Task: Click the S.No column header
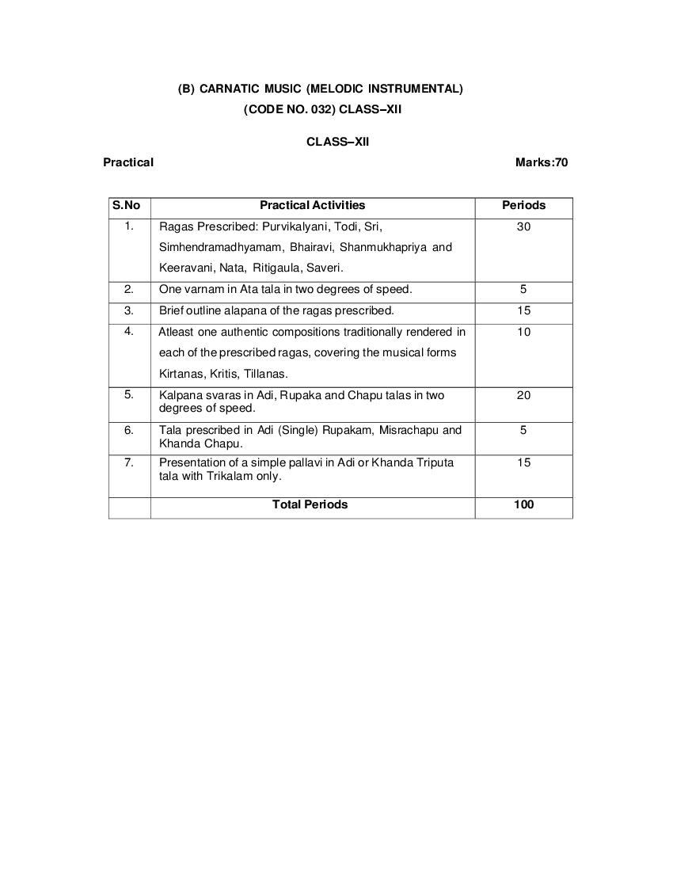click(x=127, y=205)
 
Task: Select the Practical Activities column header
click(x=313, y=205)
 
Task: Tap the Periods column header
click(x=523, y=205)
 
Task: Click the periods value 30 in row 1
click(x=523, y=226)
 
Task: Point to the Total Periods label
click(x=310, y=504)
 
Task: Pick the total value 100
click(x=523, y=504)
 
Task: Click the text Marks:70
click(x=542, y=162)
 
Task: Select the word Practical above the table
click(x=128, y=162)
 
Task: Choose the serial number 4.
click(x=129, y=331)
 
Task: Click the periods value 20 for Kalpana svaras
click(x=523, y=395)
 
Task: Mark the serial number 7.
click(x=129, y=462)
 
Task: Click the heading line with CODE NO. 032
click(x=322, y=110)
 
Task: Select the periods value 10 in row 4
click(x=523, y=332)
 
